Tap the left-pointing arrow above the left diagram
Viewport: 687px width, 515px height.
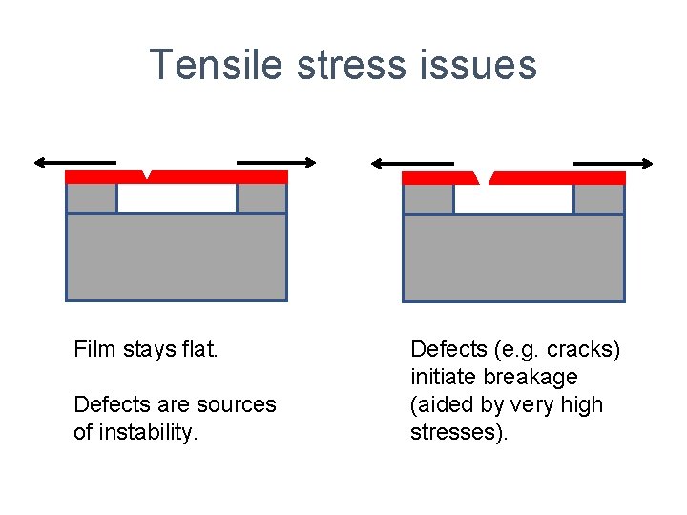coord(74,162)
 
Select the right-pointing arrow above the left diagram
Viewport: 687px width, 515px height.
coord(276,162)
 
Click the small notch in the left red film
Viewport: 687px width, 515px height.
coord(146,174)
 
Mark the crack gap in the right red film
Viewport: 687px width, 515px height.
coord(484,177)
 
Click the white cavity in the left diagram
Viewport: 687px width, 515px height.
coord(177,197)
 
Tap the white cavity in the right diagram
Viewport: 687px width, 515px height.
coord(513,198)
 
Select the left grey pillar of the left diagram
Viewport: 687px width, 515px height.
coord(92,197)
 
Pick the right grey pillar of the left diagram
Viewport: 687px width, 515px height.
coord(261,197)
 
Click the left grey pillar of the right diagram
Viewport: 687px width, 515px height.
coord(428,198)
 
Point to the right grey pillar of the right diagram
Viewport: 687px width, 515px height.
coord(599,198)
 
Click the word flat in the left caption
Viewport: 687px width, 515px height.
coord(200,350)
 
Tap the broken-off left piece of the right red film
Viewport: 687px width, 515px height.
coord(438,177)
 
